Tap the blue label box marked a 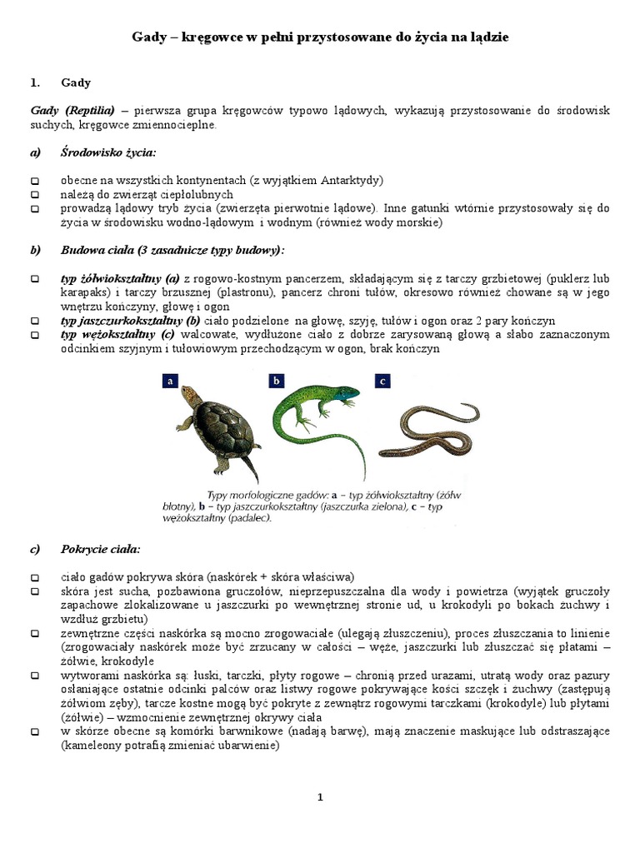(x=171, y=381)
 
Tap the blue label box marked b (x=277, y=381)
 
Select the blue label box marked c (x=382, y=381)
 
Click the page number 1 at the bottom (x=320, y=797)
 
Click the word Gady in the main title (x=152, y=37)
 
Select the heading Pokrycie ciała (x=101, y=550)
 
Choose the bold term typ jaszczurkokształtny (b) (x=130, y=321)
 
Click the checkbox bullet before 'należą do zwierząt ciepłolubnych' (x=34, y=195)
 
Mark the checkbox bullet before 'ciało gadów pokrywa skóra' (x=34, y=577)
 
